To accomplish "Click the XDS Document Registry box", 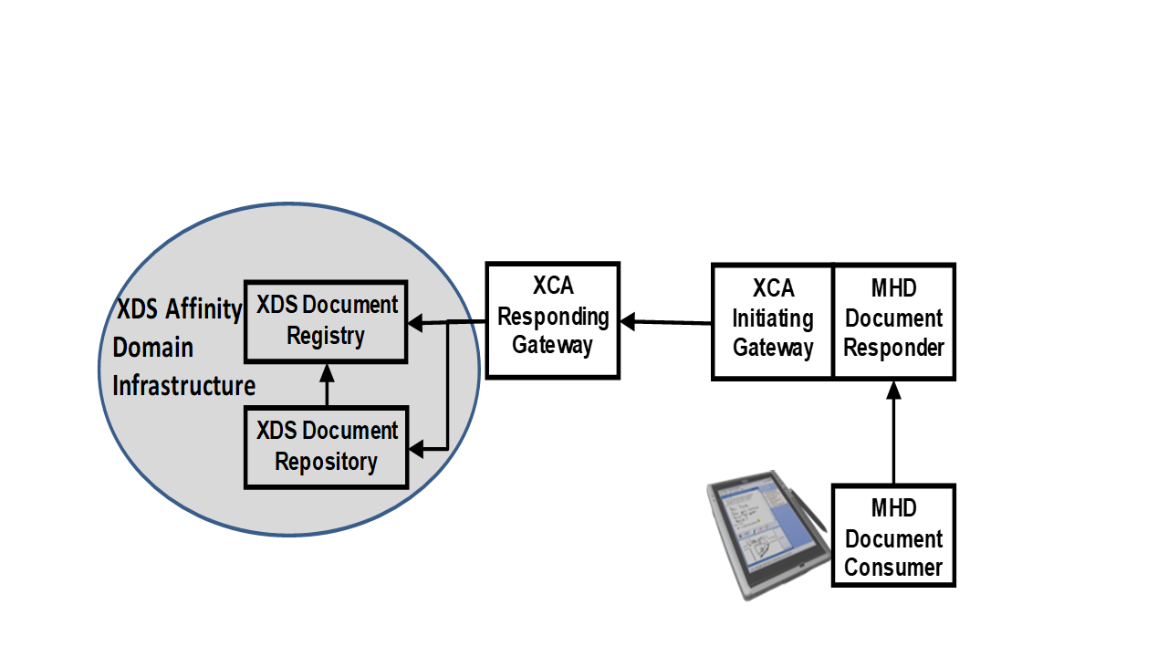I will [326, 320].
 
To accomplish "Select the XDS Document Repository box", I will [326, 446].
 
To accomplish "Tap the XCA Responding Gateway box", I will [552, 319].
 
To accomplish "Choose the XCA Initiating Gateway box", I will [772, 321].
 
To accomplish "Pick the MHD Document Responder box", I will [893, 321].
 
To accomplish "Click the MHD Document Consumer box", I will [893, 536].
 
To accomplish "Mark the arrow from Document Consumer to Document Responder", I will [893, 433].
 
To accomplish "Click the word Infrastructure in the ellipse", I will [183, 386].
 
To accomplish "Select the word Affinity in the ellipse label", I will [203, 309].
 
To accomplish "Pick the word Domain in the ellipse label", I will [152, 348].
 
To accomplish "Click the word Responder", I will [893, 348].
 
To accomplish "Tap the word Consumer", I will [893, 567].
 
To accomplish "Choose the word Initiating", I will [773, 318].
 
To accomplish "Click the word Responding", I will [553, 317].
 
